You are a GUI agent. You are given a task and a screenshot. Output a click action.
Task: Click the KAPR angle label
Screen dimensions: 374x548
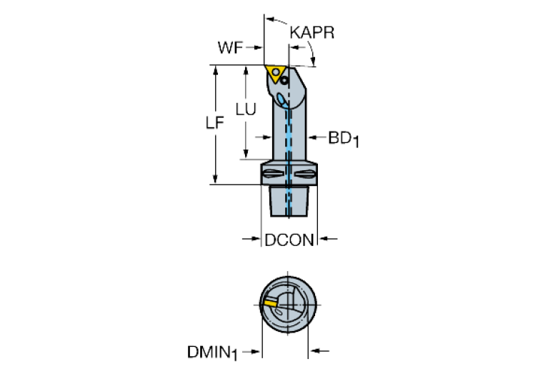pyautogui.click(x=312, y=33)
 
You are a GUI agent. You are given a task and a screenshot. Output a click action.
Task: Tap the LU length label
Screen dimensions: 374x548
pyautogui.click(x=246, y=109)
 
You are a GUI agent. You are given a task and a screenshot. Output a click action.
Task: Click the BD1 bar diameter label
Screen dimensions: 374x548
pyautogui.click(x=343, y=138)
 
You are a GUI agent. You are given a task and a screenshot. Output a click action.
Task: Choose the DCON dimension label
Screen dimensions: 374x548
pyautogui.click(x=289, y=240)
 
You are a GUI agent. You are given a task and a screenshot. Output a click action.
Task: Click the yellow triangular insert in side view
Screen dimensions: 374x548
pyautogui.click(x=274, y=72)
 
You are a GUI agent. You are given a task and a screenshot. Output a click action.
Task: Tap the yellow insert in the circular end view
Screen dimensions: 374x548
pyautogui.click(x=269, y=303)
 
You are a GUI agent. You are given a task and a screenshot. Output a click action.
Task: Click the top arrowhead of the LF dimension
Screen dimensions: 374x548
pyautogui.click(x=214, y=70)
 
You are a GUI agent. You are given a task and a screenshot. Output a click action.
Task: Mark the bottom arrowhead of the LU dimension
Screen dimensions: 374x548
pyautogui.click(x=246, y=155)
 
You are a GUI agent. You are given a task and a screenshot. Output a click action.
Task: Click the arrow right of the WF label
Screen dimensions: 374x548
pyautogui.click(x=256, y=49)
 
